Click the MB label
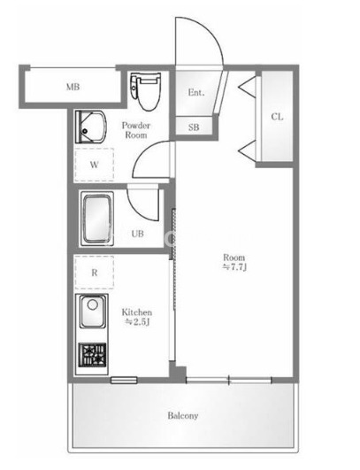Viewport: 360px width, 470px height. pyautogui.click(x=73, y=87)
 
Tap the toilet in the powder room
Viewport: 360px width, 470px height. pyautogui.click(x=146, y=91)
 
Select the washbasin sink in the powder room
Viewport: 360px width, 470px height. pyautogui.click(x=90, y=127)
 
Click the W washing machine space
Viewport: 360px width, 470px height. pyautogui.click(x=95, y=165)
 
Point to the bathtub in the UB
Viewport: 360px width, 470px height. pyautogui.click(x=97, y=219)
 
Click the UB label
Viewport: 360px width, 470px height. pyautogui.click(x=137, y=234)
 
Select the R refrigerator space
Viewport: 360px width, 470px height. pyautogui.click(x=95, y=273)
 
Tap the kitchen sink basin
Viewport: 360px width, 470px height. pyautogui.click(x=93, y=312)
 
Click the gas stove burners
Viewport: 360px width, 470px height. pyautogui.click(x=93, y=355)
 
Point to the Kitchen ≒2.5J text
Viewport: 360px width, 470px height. pyautogui.click(x=137, y=317)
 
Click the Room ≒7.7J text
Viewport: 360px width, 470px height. pyautogui.click(x=234, y=262)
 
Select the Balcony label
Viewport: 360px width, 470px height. pyautogui.click(x=183, y=416)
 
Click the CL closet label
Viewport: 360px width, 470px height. pyautogui.click(x=277, y=117)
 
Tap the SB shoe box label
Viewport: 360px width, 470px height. pyautogui.click(x=194, y=127)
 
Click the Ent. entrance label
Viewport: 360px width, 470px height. pyautogui.click(x=196, y=92)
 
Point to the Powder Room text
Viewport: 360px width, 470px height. pyautogui.click(x=136, y=130)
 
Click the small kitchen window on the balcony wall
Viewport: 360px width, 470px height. pyautogui.click(x=124, y=380)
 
